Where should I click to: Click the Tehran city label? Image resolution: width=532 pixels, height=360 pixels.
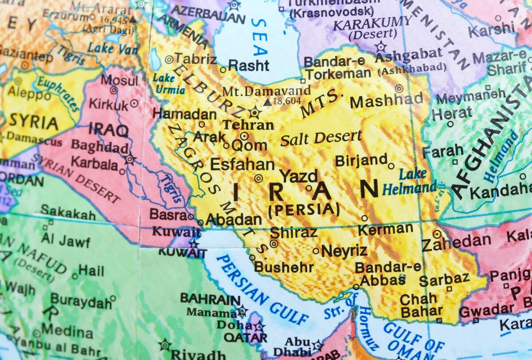[248, 125]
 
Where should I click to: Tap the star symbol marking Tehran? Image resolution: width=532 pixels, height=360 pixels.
[255, 112]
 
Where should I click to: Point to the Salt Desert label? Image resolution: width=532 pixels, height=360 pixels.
[321, 138]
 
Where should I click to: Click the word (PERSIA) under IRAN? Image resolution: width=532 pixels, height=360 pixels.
[304, 209]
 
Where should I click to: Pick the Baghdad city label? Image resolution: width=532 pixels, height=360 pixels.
[100, 146]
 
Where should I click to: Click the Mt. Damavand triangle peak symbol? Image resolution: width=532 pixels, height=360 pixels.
[267, 102]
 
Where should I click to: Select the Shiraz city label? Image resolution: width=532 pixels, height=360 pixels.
[293, 232]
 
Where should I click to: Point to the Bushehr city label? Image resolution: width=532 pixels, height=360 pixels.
[284, 267]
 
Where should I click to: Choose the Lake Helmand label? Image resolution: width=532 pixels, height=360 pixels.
[410, 182]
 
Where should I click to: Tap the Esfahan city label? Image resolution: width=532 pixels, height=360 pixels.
[242, 164]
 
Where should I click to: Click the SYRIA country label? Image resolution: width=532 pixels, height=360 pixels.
[34, 122]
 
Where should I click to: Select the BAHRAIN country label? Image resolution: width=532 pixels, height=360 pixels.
[210, 299]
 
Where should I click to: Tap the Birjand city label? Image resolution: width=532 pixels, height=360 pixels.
[361, 160]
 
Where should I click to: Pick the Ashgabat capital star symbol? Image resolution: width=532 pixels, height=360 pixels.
[380, 46]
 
